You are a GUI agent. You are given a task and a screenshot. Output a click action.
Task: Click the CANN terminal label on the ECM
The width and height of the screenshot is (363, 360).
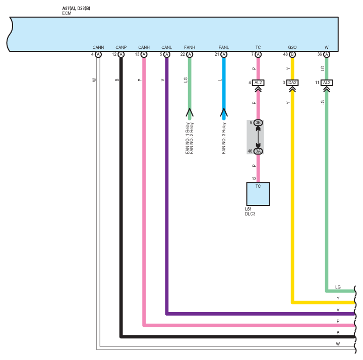pos(98,47)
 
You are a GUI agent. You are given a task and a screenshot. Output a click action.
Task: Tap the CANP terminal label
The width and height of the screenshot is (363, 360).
pos(121,47)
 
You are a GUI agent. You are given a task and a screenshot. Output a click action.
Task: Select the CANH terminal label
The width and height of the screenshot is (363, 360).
pos(144,47)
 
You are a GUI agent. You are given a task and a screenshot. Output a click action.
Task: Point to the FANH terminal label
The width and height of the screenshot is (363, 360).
pos(190,47)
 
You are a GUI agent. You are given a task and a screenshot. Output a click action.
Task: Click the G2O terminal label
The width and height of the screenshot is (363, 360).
pos(292,47)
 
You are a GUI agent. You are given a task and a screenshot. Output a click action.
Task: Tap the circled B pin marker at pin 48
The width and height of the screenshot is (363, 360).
pos(292,54)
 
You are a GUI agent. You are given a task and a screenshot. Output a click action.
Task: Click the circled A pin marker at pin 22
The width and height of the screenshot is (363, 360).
pos(190,54)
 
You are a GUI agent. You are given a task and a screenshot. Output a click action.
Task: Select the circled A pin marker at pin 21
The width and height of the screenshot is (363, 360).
pos(224,54)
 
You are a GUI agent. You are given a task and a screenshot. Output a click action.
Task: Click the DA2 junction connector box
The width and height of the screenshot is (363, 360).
pos(292,83)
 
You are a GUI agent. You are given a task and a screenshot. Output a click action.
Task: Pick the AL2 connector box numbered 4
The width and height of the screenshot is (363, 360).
pos(258,83)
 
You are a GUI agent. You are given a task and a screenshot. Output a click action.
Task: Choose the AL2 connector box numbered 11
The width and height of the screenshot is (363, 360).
pos(327,83)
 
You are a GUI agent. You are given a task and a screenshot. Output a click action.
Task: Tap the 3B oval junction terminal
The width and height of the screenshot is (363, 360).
pos(258,122)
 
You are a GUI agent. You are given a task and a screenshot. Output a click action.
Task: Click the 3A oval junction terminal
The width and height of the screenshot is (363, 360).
pos(258,151)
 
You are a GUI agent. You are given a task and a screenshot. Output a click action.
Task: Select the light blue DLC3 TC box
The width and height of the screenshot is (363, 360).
pos(258,194)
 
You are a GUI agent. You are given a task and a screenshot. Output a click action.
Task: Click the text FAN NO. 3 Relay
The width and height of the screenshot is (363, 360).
pos(224,138)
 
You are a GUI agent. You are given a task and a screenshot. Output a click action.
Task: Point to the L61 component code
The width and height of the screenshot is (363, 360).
pos(248,209)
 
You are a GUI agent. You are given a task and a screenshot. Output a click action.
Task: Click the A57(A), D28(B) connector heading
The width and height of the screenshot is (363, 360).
pos(76,9)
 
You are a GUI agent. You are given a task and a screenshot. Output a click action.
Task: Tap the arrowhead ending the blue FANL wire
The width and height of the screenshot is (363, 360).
pos(224,113)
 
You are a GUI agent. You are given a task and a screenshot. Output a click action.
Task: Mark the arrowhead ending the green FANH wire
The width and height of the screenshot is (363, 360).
pos(190,113)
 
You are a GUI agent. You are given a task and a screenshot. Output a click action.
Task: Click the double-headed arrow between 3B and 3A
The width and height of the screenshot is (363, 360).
pos(258,137)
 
